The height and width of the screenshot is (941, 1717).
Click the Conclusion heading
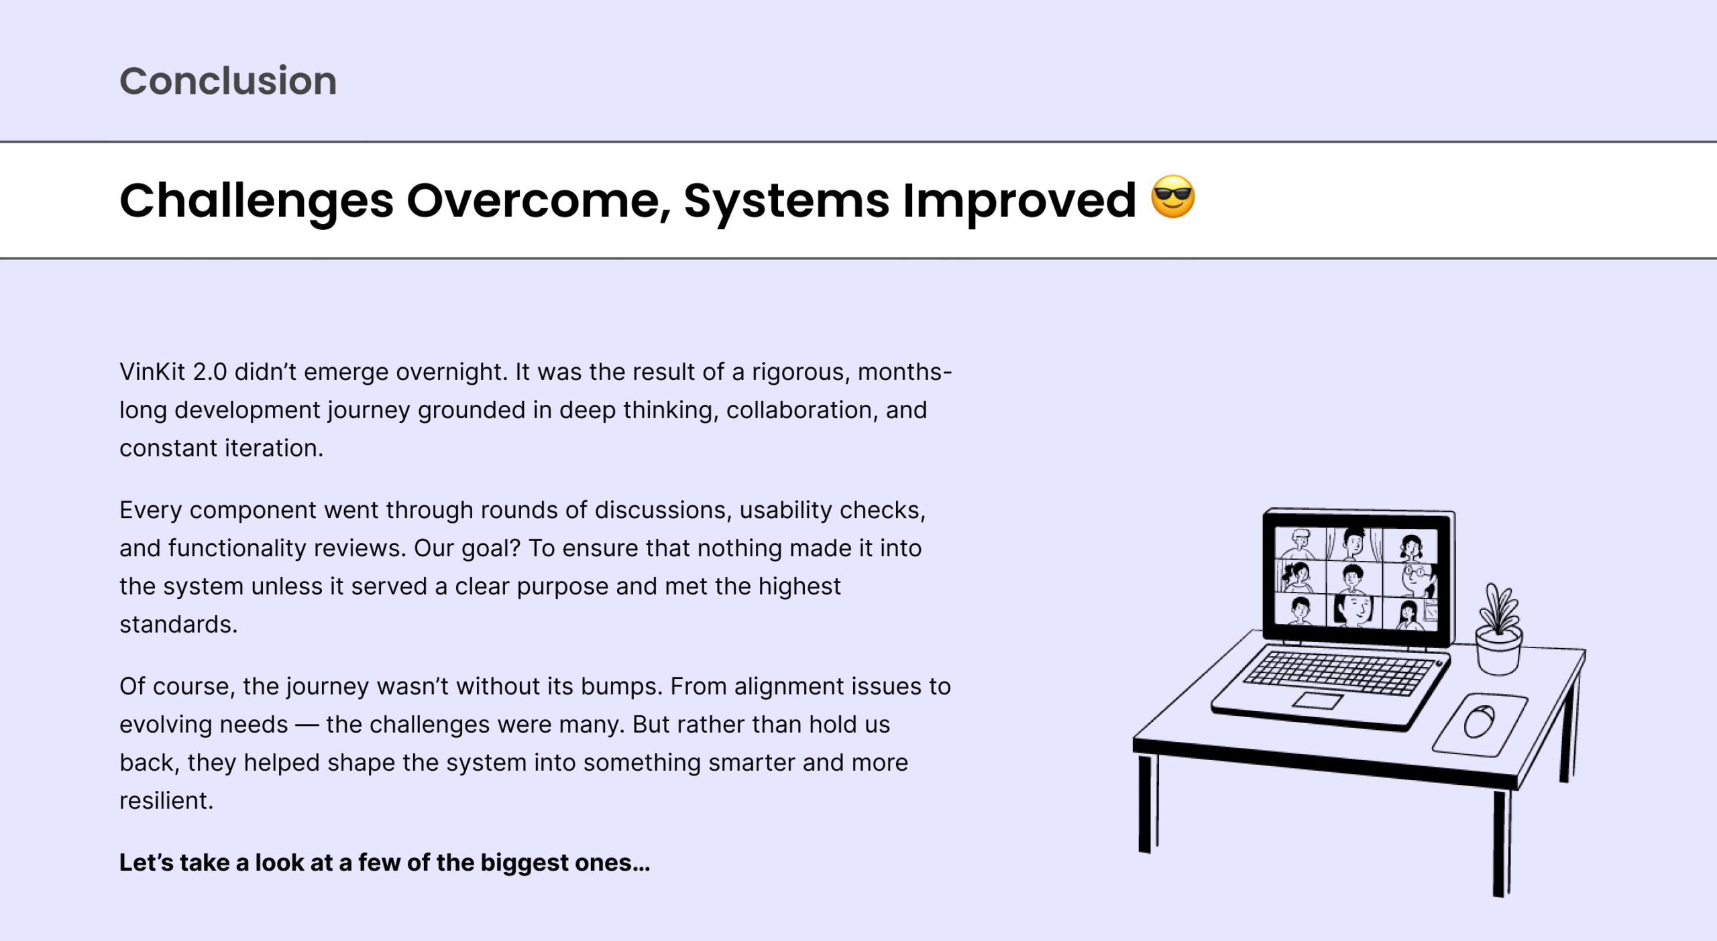tap(228, 81)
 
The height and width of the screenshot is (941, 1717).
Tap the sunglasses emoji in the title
tap(1173, 196)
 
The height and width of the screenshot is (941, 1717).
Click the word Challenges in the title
tap(256, 201)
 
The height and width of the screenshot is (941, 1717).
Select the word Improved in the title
tap(1019, 201)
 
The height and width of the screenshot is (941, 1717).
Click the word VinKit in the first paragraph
tap(152, 371)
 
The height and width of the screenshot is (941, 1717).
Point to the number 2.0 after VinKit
tap(210, 371)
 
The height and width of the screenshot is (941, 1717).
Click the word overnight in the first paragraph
tap(451, 371)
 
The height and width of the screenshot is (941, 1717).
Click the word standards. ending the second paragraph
tap(178, 624)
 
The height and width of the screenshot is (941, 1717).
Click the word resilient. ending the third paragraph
tap(166, 800)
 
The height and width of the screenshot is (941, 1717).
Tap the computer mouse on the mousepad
tap(1479, 722)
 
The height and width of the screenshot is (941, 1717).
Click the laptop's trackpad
tap(1318, 701)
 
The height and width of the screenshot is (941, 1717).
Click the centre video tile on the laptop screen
tap(1353, 578)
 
